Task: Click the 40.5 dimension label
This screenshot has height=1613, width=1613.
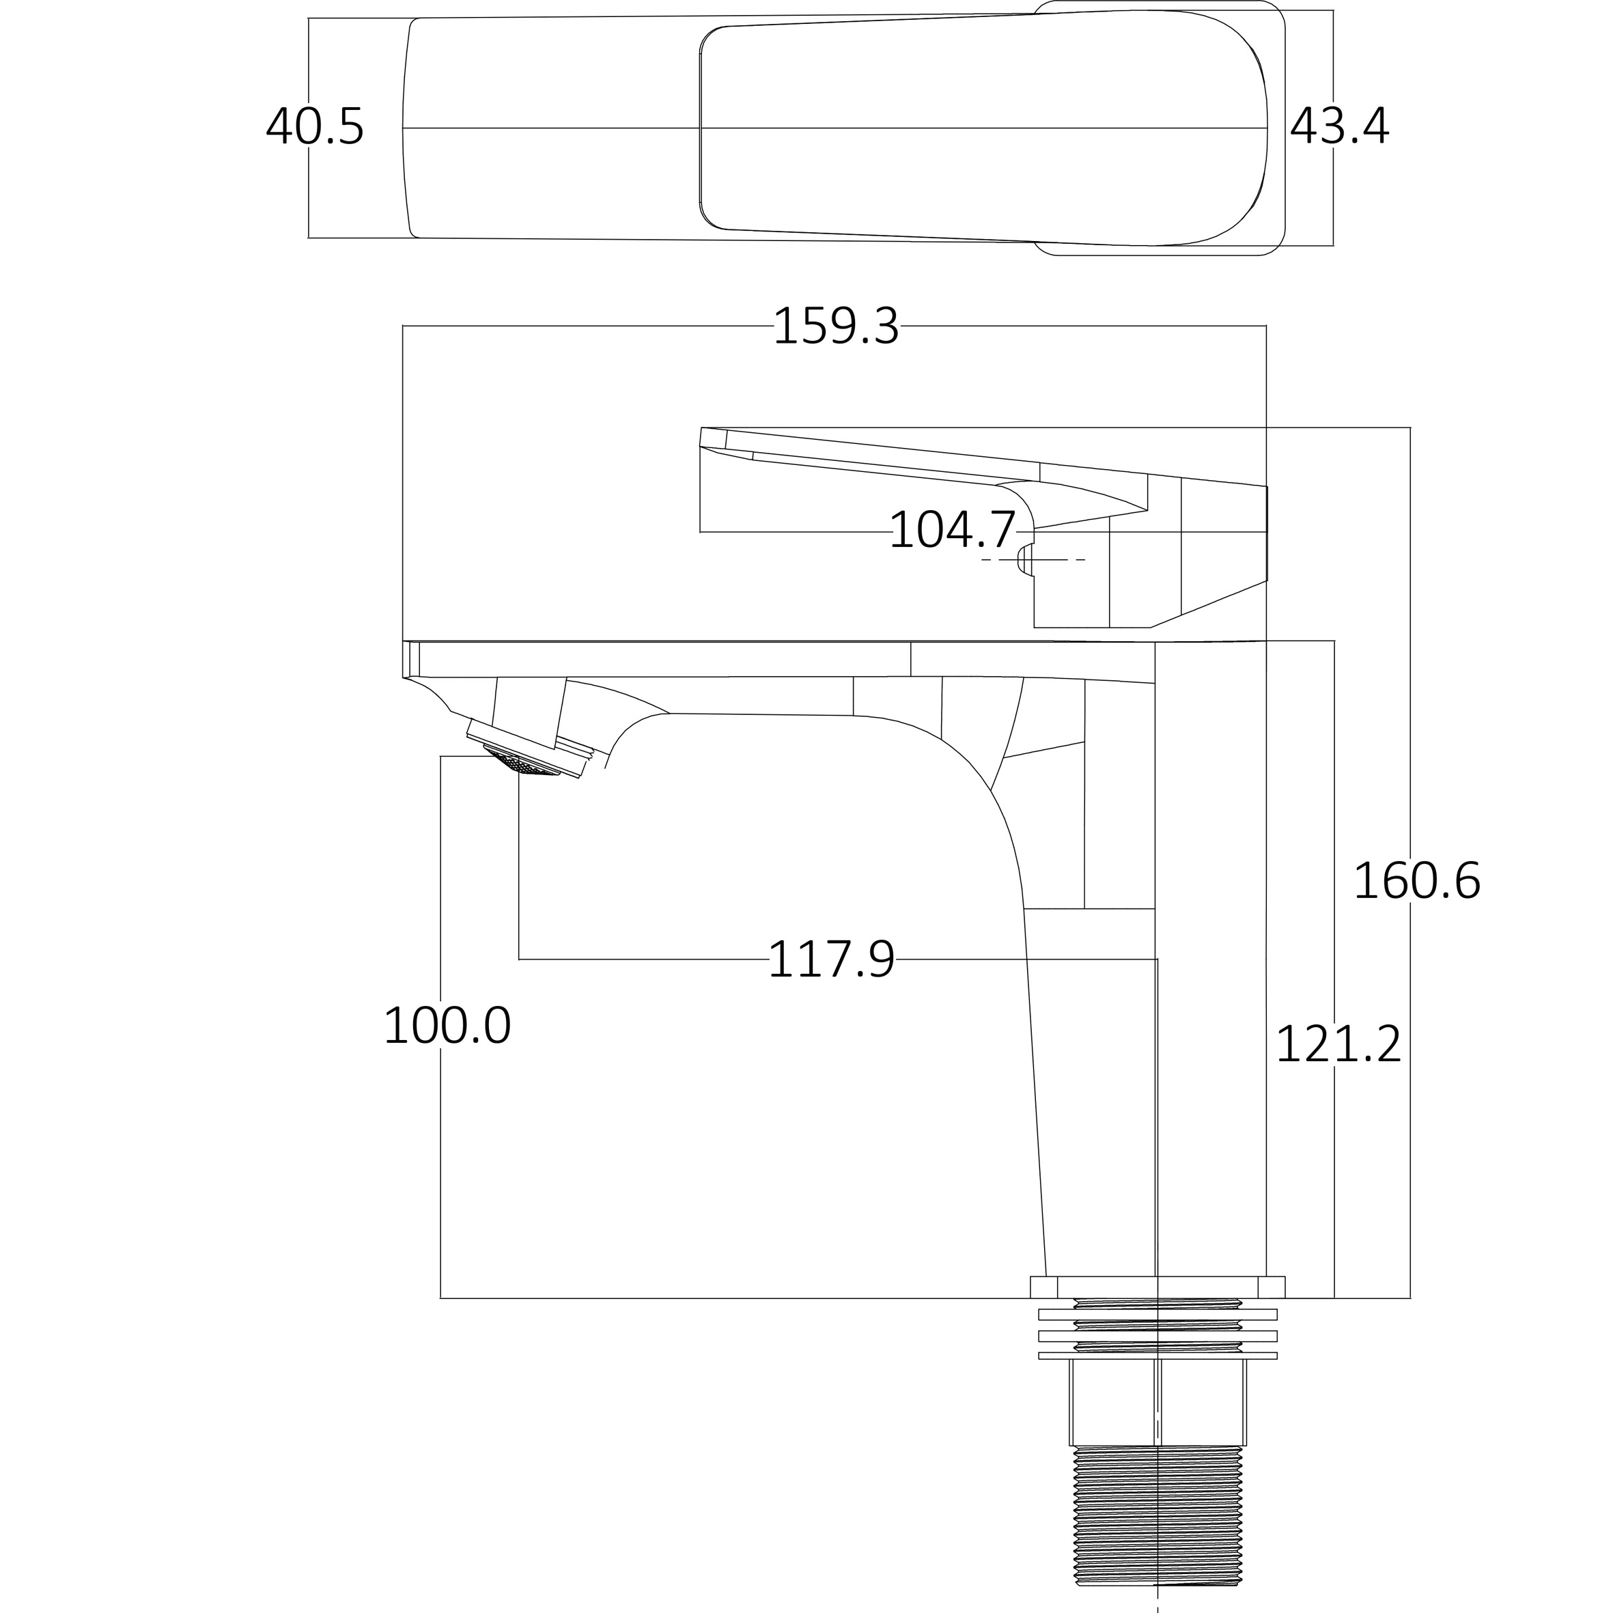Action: (315, 128)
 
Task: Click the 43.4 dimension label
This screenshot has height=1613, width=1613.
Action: (1339, 128)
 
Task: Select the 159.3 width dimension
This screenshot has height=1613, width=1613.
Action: (836, 326)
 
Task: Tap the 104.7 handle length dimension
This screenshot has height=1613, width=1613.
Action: (952, 530)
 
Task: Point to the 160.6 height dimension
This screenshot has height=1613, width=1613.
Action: (1417, 882)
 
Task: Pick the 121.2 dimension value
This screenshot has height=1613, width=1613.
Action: (1338, 1044)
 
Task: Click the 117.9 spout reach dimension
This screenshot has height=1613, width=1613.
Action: (830, 960)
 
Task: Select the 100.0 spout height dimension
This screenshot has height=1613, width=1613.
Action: (447, 1026)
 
